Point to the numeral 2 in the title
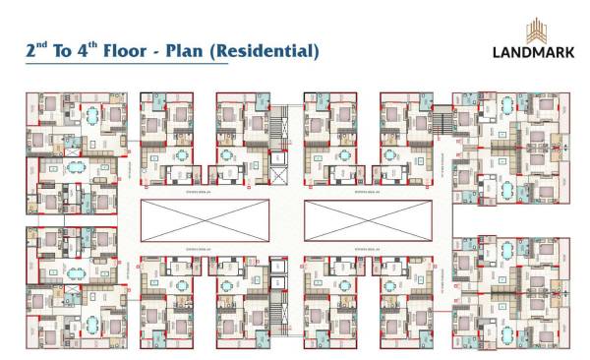click(31, 51)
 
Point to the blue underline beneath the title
click(128, 65)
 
